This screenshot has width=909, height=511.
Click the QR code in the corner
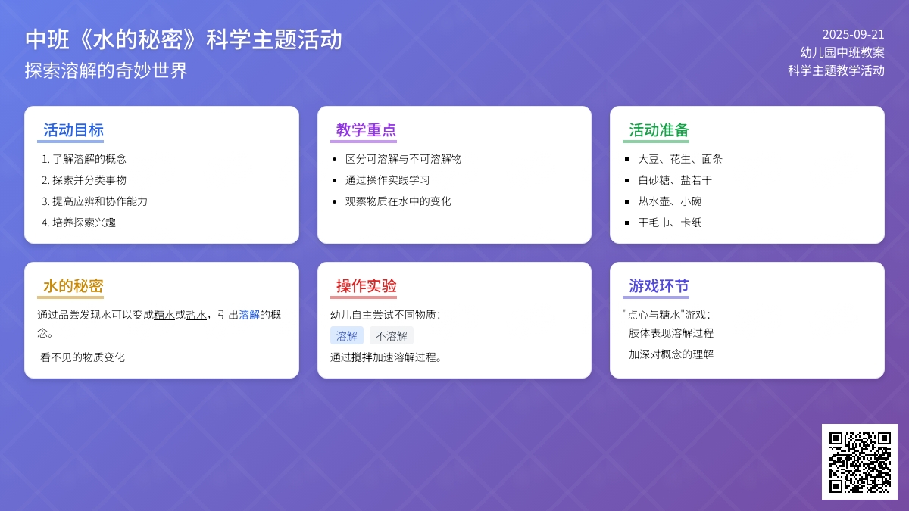click(860, 462)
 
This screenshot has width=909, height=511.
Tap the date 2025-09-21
click(853, 35)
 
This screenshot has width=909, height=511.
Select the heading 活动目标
click(73, 130)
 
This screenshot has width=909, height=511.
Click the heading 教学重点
click(366, 130)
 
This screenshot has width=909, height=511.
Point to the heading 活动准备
click(659, 130)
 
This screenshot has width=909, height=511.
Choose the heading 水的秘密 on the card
click(73, 286)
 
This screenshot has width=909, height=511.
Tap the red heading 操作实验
click(366, 286)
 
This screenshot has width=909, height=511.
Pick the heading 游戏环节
click(659, 286)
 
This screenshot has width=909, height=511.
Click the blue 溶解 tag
click(347, 336)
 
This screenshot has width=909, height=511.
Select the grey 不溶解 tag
click(391, 336)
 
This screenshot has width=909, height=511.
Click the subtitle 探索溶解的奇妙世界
click(106, 70)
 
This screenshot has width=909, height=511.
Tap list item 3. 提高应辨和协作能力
click(95, 201)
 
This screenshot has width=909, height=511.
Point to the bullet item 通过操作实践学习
click(388, 180)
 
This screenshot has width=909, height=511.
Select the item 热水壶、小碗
click(670, 201)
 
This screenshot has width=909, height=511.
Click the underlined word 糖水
click(164, 315)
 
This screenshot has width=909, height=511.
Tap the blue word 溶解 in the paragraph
click(248, 315)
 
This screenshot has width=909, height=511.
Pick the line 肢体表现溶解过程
click(671, 333)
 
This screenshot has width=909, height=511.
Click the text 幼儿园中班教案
click(842, 52)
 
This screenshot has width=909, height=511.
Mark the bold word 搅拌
click(361, 357)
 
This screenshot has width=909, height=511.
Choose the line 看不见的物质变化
click(83, 357)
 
